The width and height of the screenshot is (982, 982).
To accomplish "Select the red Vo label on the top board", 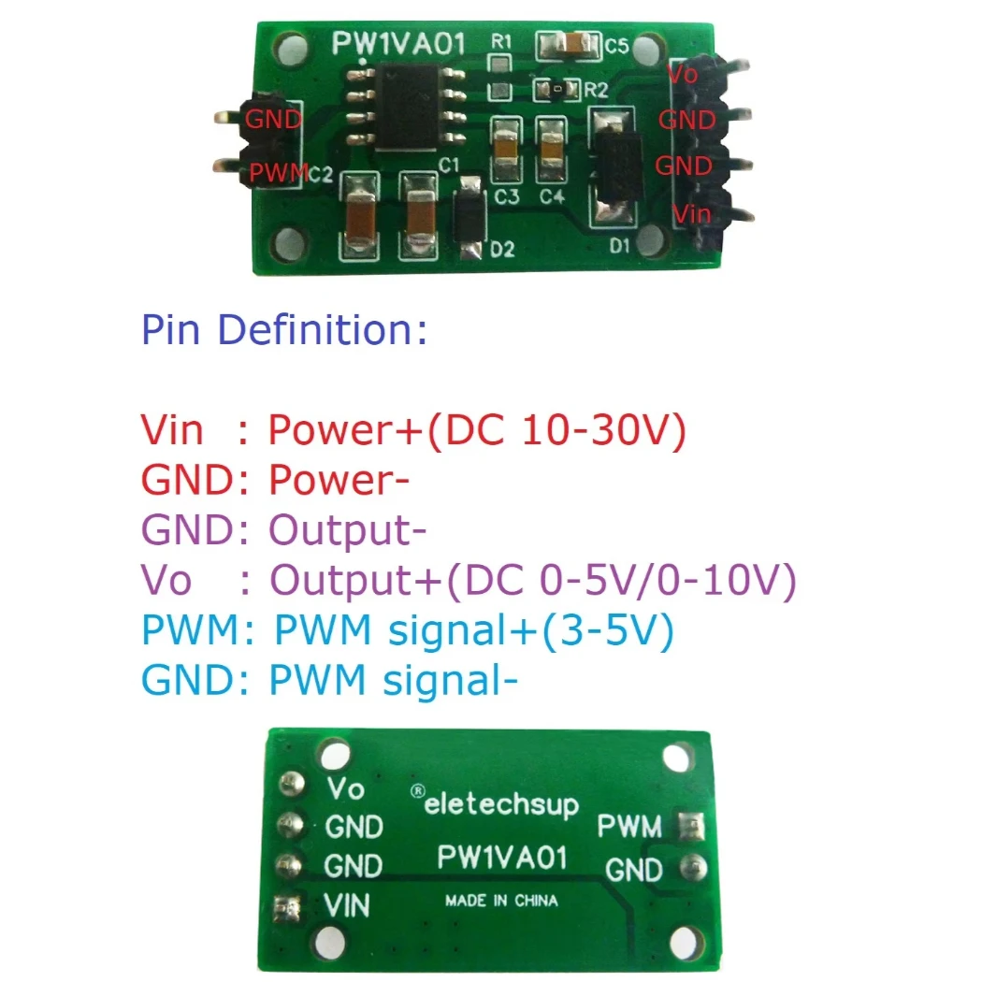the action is pos(683,74).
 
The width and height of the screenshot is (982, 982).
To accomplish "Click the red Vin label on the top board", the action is pos(693,214).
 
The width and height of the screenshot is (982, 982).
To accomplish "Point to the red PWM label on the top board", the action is pos(277,172).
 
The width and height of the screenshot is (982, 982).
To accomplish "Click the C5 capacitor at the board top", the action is pos(566,45).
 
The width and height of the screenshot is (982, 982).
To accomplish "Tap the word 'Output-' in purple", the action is pos(341,530).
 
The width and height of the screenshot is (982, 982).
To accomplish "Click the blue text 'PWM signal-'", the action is pos(393,681).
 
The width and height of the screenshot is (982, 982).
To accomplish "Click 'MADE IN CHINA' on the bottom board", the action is pos(501,901).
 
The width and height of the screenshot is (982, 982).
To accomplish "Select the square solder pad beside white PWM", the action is pos(693,826).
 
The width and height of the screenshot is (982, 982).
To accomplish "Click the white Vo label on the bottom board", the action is pos(345,789).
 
